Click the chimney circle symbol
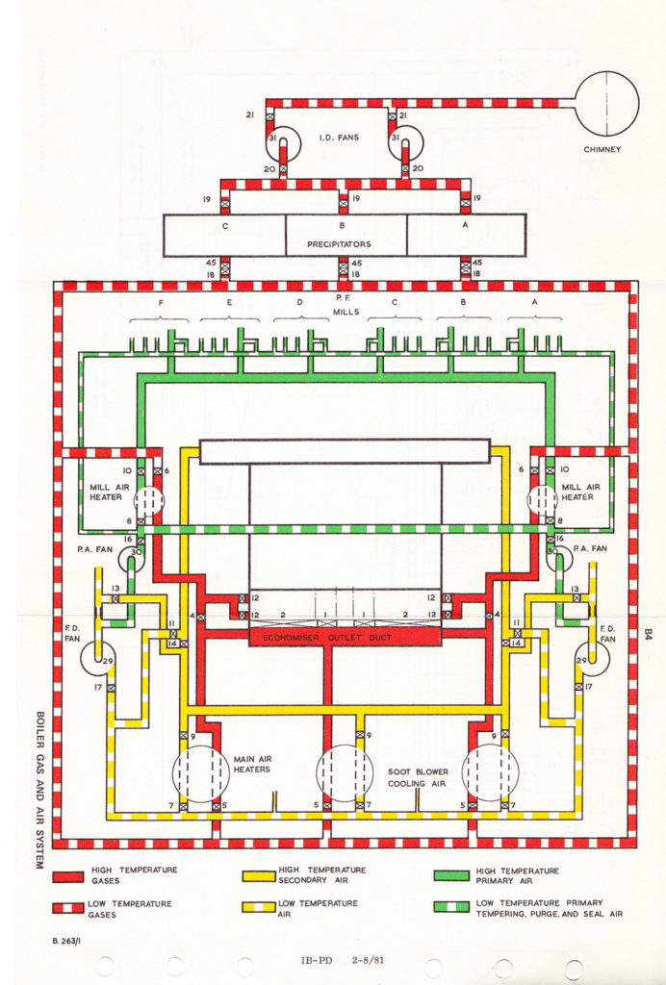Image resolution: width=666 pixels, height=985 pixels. (606, 101)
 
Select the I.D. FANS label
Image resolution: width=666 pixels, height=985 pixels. (339, 138)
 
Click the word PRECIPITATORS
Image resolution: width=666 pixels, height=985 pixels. (339, 244)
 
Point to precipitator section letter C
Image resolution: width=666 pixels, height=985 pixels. (225, 226)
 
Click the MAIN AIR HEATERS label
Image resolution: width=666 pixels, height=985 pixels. (252, 764)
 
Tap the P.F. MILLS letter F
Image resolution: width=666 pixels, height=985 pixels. (160, 300)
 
